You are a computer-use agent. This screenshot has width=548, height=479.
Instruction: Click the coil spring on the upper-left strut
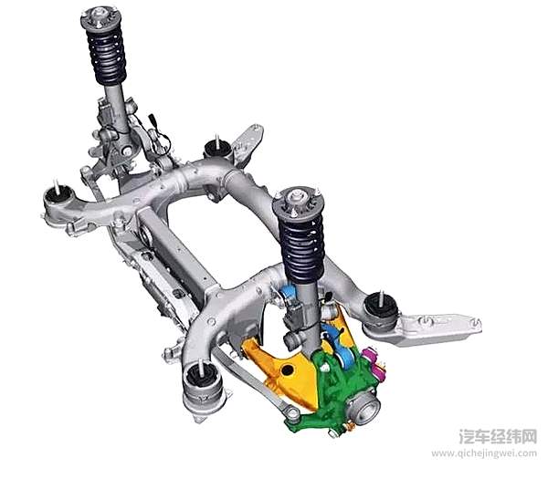[106, 55]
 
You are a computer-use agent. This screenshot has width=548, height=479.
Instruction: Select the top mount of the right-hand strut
[298, 203]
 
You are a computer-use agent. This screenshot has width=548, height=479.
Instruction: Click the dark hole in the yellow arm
[288, 370]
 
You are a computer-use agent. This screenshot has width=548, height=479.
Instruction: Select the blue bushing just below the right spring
[289, 293]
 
